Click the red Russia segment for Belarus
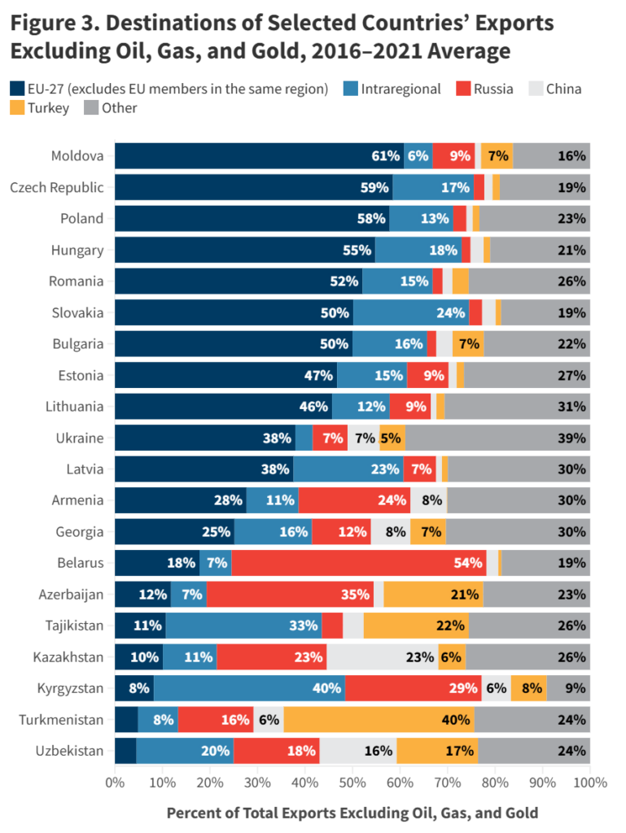359,562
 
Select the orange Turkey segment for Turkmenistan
379,719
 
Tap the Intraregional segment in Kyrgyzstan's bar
249,688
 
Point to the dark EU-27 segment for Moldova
259,155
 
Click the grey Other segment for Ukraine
497,438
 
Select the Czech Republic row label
57,187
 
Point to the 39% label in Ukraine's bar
572,438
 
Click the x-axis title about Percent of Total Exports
352,813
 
